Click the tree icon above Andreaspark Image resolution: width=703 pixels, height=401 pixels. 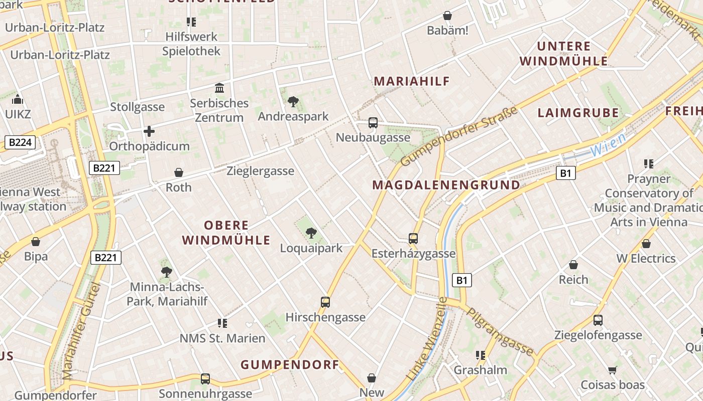coord(293,102)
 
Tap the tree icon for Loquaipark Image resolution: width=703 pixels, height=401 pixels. coord(311,233)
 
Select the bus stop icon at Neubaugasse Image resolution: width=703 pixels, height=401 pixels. coord(373,123)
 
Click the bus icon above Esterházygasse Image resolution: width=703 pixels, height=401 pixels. coord(413,239)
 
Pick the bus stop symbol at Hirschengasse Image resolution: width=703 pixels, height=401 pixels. coord(325,302)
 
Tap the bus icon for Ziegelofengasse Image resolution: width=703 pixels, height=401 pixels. coord(598,320)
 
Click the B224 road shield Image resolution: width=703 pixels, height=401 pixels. coord(20,143)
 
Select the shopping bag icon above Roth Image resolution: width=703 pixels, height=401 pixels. coord(178,173)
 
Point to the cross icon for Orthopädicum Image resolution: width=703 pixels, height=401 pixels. coord(149,132)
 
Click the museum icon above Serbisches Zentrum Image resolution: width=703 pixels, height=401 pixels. coord(219,89)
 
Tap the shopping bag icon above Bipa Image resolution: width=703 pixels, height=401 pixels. coord(36,242)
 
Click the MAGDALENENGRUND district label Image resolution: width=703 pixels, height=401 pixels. coord(446,185)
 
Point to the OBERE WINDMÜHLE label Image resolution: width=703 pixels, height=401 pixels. coord(226,233)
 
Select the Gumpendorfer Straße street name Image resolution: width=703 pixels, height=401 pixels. coord(459,136)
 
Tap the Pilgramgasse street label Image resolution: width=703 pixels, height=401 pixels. coord(500,332)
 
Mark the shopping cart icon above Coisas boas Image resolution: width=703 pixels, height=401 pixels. coord(612,370)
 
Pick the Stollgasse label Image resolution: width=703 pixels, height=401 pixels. coord(137,107)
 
